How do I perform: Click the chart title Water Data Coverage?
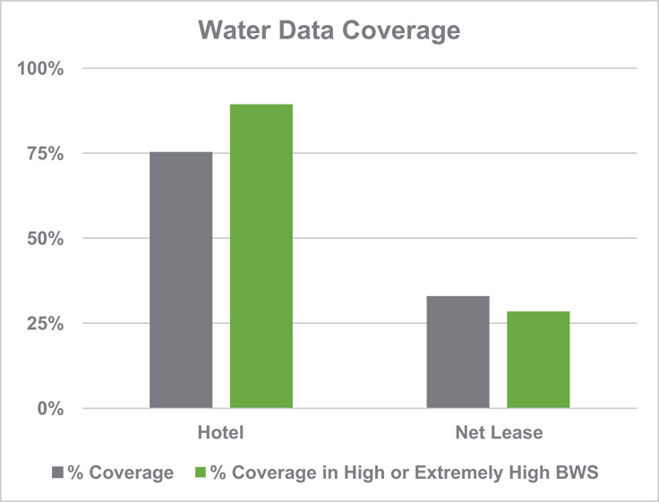[329, 31]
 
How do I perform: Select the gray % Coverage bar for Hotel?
[181, 280]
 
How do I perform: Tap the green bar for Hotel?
[261, 257]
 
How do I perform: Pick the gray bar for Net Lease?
[458, 352]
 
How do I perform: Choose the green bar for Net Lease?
[538, 360]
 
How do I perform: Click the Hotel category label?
[221, 434]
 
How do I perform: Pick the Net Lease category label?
[498, 434]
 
